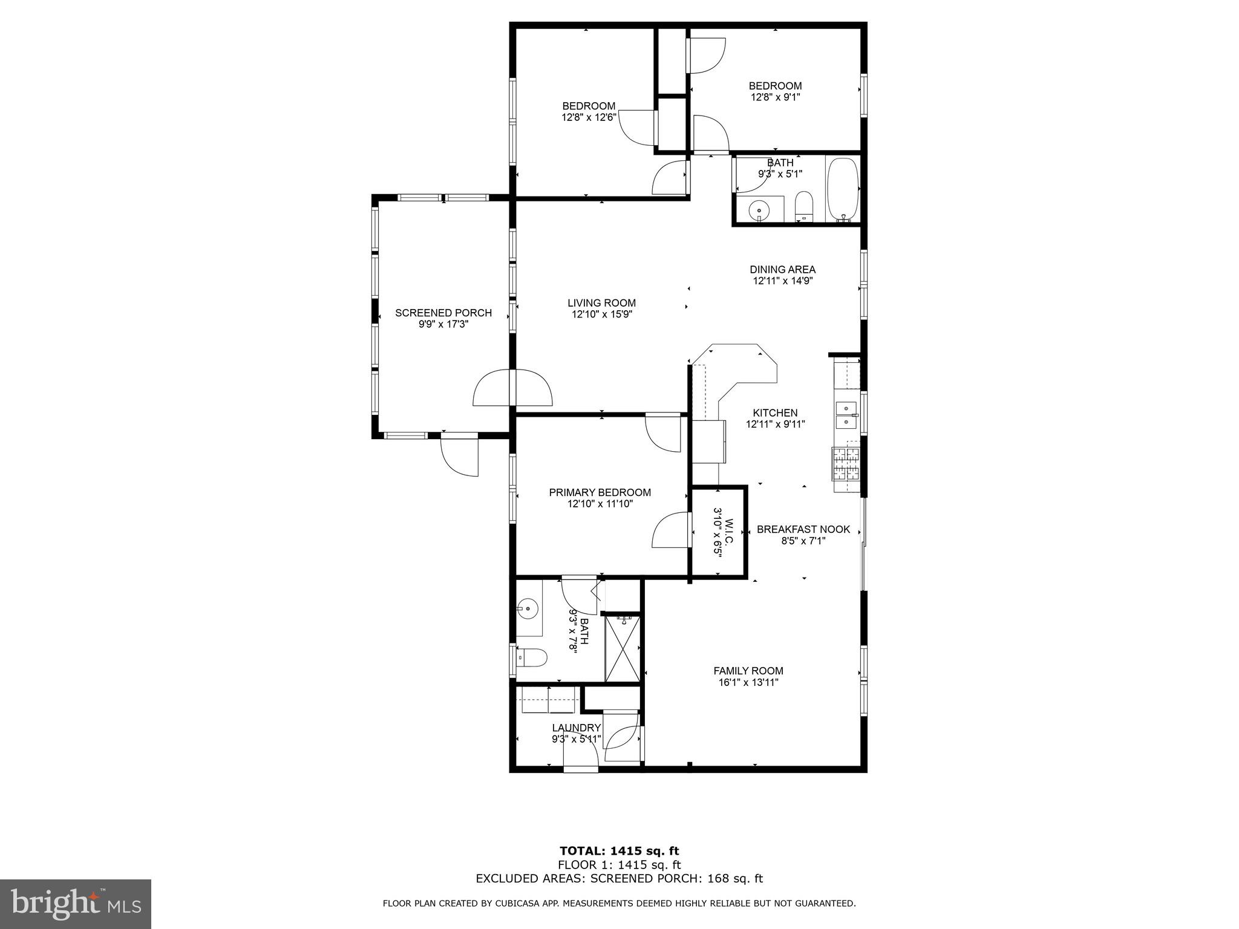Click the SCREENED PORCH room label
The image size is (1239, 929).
coord(443,313)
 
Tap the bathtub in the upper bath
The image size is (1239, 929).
coord(842,189)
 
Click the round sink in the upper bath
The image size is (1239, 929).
coord(758,210)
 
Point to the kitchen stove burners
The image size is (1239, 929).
coord(846,463)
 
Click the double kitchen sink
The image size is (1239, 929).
coord(845,415)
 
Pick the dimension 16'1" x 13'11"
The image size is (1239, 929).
coord(748,683)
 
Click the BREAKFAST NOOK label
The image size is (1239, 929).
coord(803,529)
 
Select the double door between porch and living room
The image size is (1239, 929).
coord(512,388)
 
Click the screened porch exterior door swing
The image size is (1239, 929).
coord(460,455)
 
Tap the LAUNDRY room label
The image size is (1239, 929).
coord(576,728)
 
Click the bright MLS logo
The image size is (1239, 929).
coord(75,904)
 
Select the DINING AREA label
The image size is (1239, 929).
coord(782,270)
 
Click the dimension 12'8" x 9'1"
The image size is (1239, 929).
coord(775,97)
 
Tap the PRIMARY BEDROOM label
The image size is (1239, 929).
coord(600,492)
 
